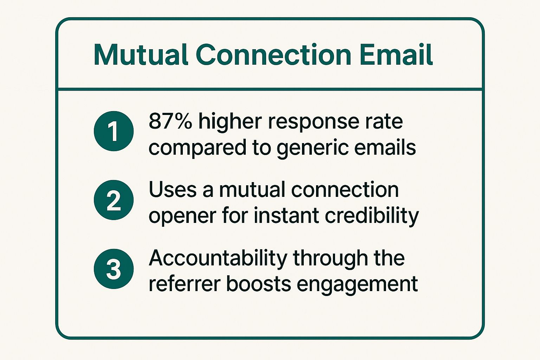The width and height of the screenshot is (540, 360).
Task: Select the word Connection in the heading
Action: [273, 55]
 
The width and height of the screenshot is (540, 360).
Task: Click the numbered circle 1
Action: [114, 131]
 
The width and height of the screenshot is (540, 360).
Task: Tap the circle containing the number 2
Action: [114, 200]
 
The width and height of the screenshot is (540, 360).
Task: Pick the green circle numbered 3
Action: [114, 269]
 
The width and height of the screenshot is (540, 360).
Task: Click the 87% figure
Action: [170, 122]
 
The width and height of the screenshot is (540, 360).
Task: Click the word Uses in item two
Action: [172, 190]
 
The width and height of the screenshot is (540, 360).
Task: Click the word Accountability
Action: [218, 258]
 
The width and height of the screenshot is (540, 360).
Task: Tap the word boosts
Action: [258, 284]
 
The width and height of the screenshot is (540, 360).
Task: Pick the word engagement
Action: [357, 285]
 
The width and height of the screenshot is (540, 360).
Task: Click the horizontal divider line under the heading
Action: [270, 89]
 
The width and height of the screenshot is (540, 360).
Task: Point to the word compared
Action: [197, 148]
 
